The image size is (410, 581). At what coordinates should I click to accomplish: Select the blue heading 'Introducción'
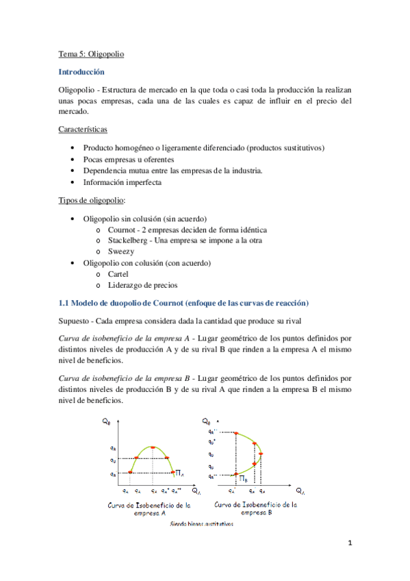81,71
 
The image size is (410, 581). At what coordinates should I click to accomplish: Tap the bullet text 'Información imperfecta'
123,182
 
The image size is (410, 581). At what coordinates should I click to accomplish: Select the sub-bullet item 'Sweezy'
120,251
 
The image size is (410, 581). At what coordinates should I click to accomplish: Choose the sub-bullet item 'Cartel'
119,273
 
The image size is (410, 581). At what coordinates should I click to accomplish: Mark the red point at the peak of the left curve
153,447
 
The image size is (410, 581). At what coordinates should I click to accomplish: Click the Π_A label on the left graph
179,473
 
